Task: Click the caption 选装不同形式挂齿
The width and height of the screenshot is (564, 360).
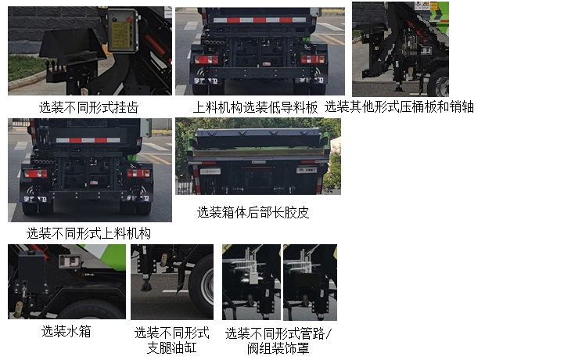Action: pyautogui.click(x=88, y=107)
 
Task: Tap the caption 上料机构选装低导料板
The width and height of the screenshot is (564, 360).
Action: pyautogui.click(x=255, y=107)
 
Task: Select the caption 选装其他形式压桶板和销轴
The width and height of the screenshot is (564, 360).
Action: pyautogui.click(x=399, y=106)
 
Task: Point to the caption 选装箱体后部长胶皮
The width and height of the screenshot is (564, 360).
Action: pyautogui.click(x=253, y=212)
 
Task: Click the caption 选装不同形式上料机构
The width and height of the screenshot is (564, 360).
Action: pyautogui.click(x=88, y=234)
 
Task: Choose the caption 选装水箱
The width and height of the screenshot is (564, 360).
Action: pyautogui.click(x=66, y=331)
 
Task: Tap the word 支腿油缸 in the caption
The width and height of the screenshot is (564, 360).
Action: pyautogui.click(x=172, y=347)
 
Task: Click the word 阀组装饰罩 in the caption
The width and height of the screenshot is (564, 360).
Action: pyautogui.click(x=278, y=348)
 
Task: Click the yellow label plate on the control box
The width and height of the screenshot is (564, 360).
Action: pyautogui.click(x=121, y=35)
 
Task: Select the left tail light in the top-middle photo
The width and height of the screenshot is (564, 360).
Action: pyautogui.click(x=206, y=59)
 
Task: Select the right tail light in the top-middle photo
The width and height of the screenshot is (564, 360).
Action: pyautogui.click(x=312, y=59)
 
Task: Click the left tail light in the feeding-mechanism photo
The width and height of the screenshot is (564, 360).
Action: pyautogui.click(x=35, y=174)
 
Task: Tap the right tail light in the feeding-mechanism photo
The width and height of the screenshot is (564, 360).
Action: pyautogui.click(x=138, y=173)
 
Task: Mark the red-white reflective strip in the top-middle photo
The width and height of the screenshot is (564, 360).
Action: pyautogui.click(x=260, y=20)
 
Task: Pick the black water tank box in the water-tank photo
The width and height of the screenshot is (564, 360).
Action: pyautogui.click(x=31, y=272)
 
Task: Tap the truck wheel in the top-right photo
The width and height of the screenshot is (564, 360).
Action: pyautogui.click(x=440, y=85)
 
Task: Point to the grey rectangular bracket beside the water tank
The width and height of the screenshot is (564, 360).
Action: pyautogui.click(x=70, y=261)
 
